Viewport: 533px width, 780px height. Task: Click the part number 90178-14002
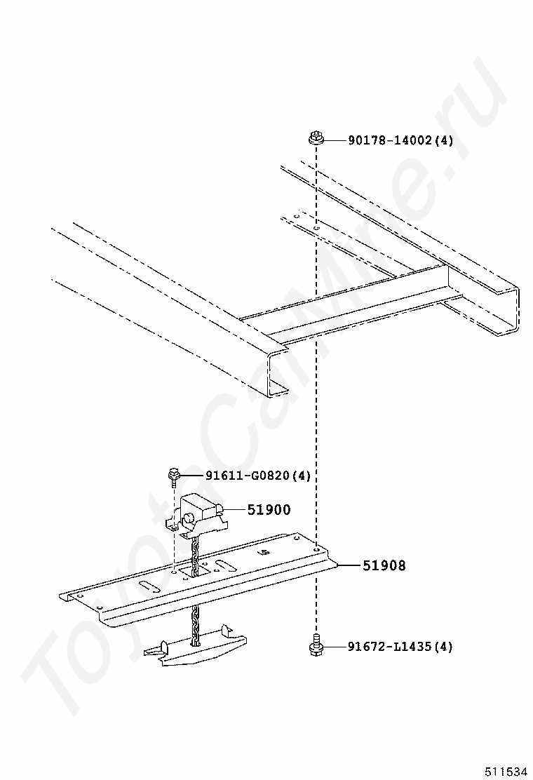391,140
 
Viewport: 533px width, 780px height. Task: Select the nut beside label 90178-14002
315,138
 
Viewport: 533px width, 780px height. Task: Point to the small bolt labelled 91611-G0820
173,478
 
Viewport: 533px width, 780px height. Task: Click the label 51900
269,510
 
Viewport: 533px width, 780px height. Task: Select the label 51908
384,565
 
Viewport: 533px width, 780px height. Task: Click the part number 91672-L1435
390,646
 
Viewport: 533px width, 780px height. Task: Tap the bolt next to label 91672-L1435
316,645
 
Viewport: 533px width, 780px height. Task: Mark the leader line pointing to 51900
234,510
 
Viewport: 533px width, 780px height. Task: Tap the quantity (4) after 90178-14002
443,140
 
